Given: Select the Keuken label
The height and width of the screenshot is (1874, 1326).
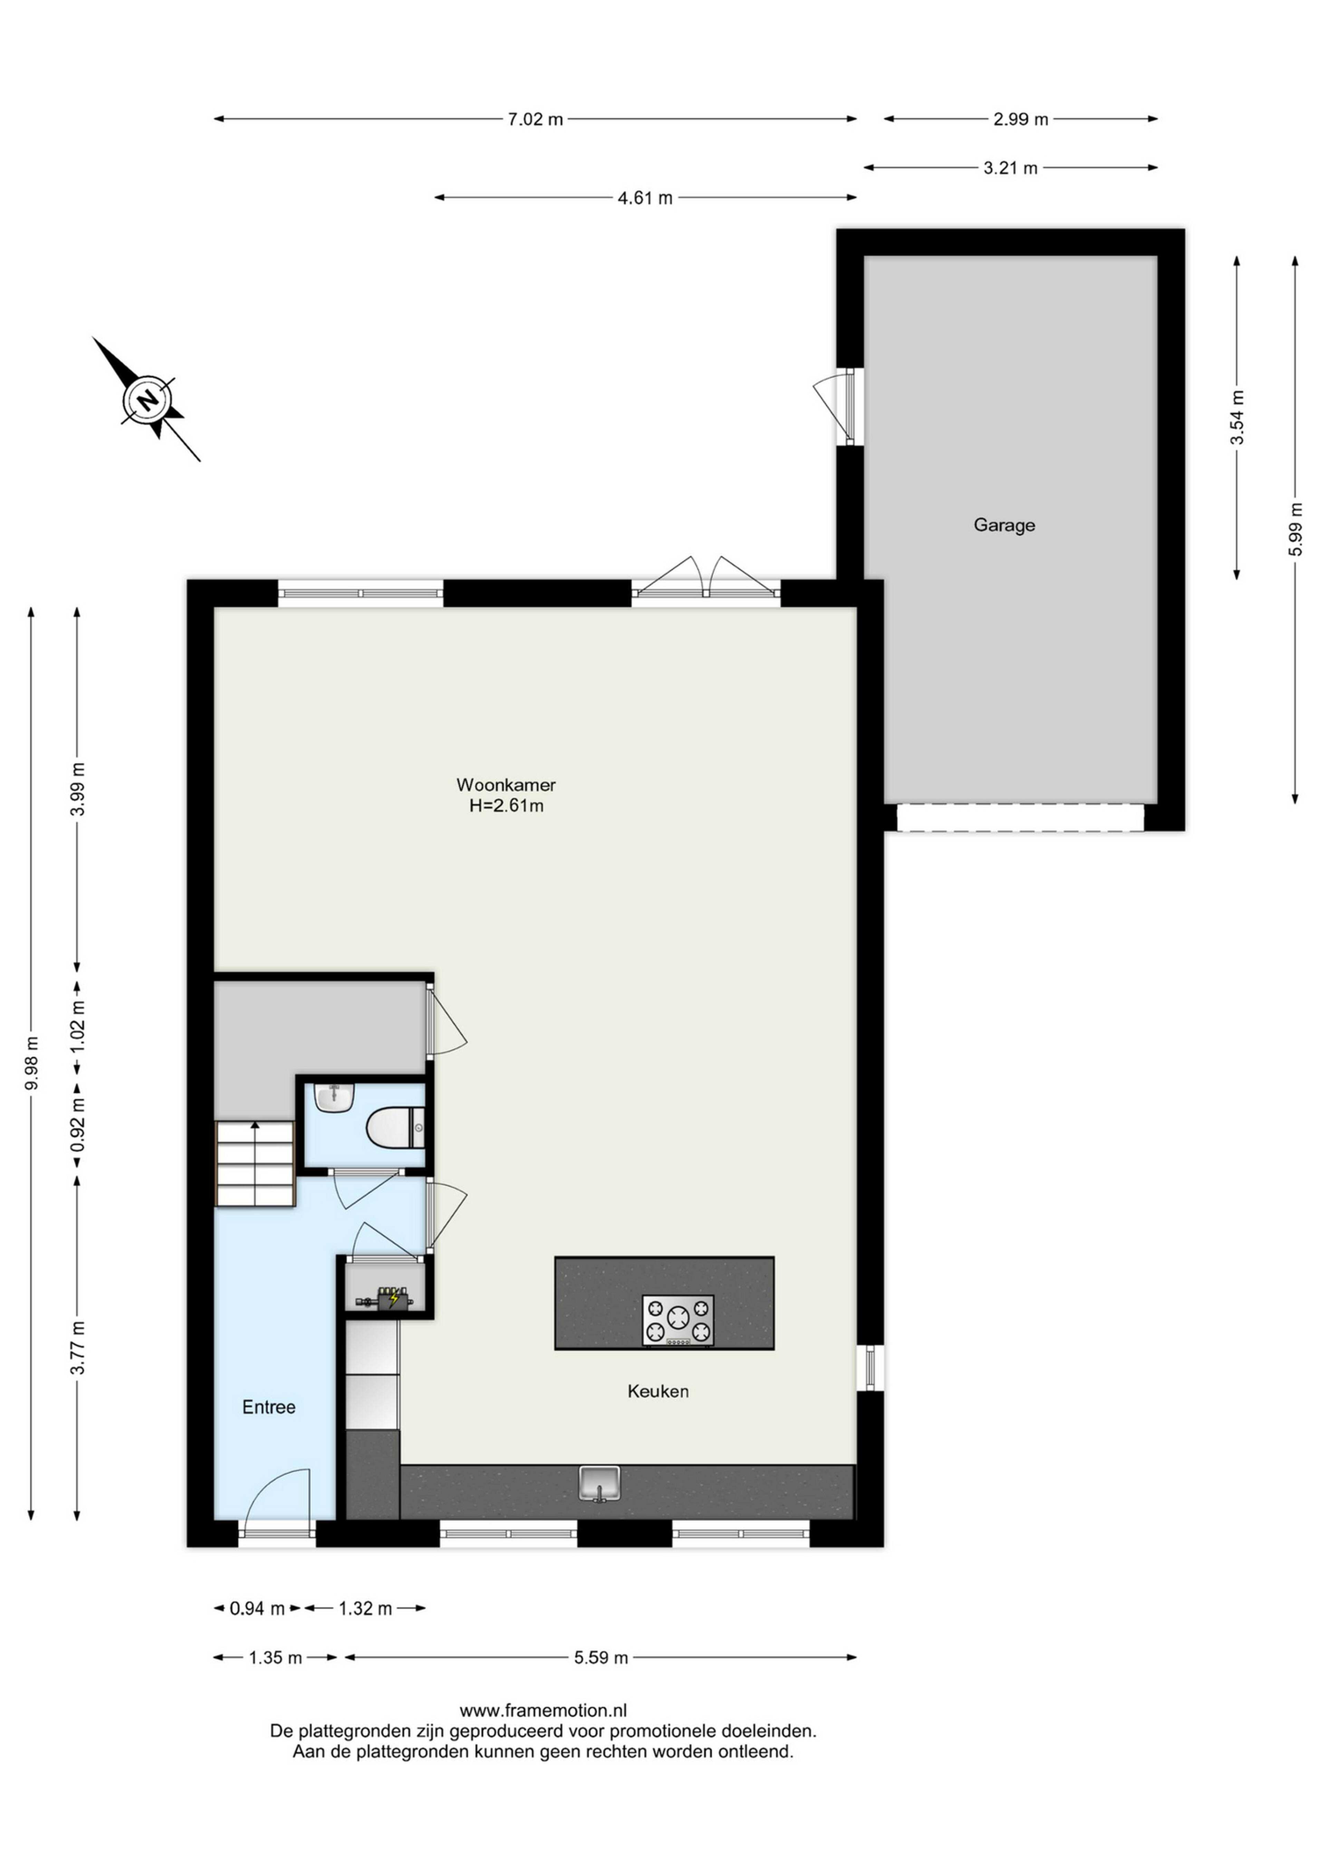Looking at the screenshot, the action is coord(658,1391).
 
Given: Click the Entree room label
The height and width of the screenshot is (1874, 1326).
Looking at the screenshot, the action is coord(269,1407).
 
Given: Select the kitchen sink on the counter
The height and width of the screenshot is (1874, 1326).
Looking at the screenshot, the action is coord(599,1484).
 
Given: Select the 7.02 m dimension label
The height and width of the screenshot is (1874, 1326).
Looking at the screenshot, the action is coord(536,119).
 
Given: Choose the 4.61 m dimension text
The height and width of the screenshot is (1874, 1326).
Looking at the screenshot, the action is coord(645,197).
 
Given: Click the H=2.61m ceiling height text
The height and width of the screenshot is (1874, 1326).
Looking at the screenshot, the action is coord(506,806).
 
